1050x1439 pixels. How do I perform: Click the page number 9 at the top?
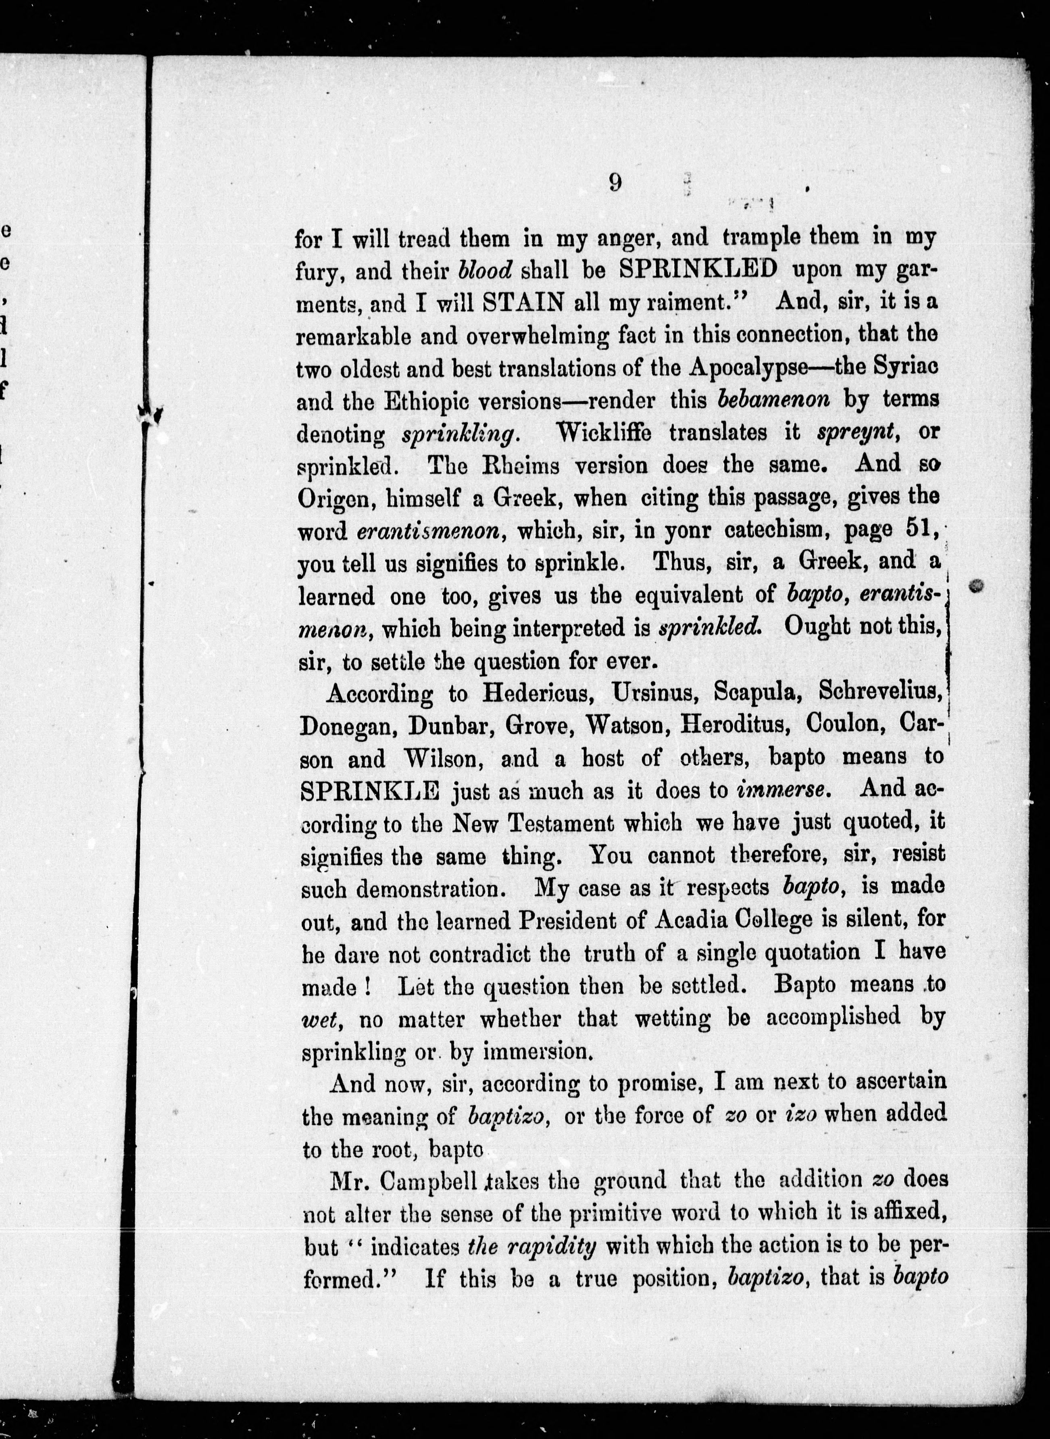tap(615, 182)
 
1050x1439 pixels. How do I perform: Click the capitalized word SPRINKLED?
tap(697, 269)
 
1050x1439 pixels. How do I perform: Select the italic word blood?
tap(485, 270)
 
